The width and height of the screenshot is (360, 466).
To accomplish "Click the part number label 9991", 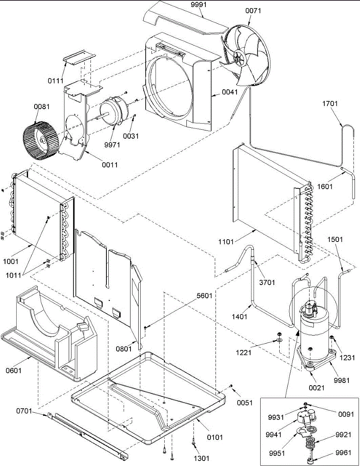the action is coord(198,5).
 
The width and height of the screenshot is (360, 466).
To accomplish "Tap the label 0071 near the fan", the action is coord(253,11).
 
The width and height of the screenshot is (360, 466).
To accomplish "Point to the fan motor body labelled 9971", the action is coord(114,114).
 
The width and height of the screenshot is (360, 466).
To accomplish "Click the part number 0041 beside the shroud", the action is coord(230,92).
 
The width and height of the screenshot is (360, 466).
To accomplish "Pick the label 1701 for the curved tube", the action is coord(330,104).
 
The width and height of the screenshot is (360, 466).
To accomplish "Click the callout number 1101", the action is coord(226,242).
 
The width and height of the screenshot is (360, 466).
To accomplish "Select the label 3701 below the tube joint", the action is coord(267,282).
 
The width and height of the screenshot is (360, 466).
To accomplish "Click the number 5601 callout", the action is coord(204,296).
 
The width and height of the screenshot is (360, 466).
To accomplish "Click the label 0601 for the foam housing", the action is coord(14,370).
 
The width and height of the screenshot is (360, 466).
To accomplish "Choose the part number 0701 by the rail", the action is coord(24,411).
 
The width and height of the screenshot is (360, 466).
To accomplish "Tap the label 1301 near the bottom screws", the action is coord(201,459).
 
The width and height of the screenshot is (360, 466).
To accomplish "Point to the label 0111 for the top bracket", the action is coord(56,81).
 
